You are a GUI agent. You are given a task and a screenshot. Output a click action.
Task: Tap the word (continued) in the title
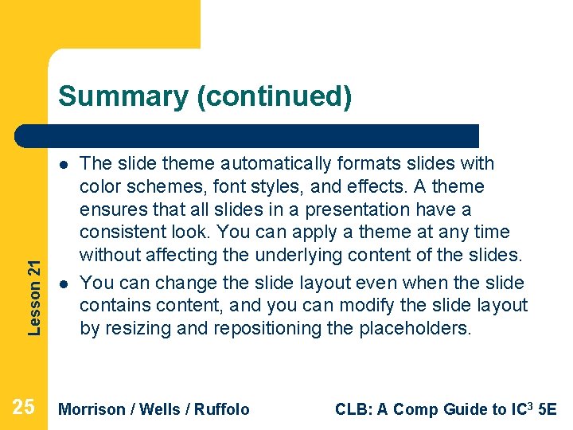point(274,96)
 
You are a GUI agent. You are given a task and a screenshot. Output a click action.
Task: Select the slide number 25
point(24,408)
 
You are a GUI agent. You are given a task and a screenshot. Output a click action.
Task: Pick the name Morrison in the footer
point(92,409)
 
